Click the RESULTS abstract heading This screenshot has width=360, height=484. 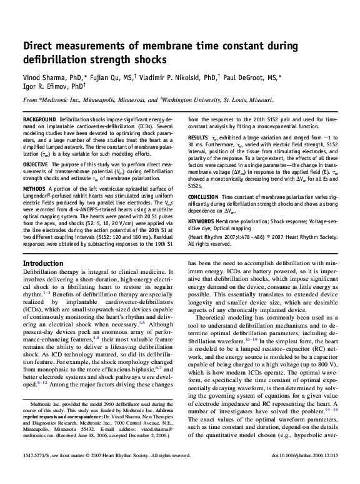pyautogui.click(x=198, y=137)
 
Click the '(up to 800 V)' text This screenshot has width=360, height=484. pyautogui.click(x=316, y=360)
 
